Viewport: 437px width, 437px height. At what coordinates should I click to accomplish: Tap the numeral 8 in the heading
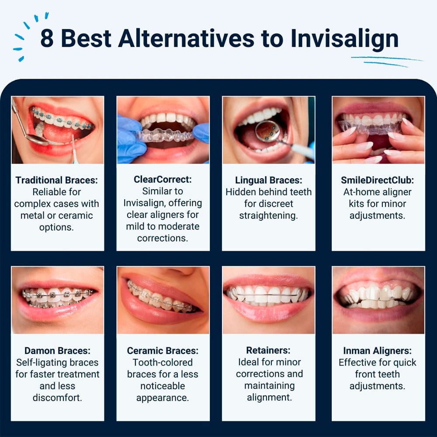(x=47, y=38)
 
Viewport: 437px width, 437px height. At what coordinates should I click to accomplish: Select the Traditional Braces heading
(x=57, y=180)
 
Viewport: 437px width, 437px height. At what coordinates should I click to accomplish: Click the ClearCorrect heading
(x=163, y=180)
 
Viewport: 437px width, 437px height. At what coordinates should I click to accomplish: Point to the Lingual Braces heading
(x=268, y=180)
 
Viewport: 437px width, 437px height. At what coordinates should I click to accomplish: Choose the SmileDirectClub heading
(x=378, y=180)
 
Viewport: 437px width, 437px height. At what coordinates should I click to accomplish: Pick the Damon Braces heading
(x=57, y=350)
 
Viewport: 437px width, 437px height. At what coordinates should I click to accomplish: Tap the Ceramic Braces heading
(x=163, y=350)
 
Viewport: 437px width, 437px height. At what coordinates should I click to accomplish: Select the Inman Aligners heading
(x=378, y=350)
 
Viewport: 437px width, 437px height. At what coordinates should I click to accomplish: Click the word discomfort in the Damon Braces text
(x=57, y=398)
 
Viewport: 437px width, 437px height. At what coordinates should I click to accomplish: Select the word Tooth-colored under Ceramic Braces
(x=163, y=362)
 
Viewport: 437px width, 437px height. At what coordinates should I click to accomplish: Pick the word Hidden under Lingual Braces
(x=240, y=192)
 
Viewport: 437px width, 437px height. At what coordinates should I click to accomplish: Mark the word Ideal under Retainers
(x=248, y=362)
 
